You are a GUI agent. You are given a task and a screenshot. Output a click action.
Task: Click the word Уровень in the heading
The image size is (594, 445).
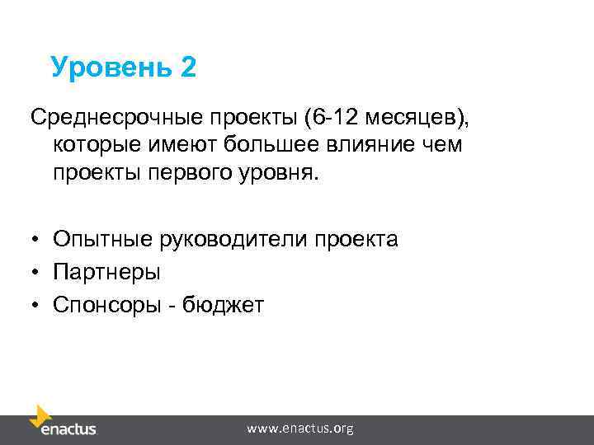coord(110,68)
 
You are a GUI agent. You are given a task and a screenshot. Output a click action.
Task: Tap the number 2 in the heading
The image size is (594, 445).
coord(187,68)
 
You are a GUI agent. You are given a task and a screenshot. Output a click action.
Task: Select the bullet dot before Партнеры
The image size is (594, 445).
coord(38,273)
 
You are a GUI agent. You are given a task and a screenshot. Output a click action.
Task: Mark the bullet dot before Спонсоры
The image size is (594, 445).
coord(38,306)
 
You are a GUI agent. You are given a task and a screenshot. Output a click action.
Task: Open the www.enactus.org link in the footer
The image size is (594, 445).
coord(300,429)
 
